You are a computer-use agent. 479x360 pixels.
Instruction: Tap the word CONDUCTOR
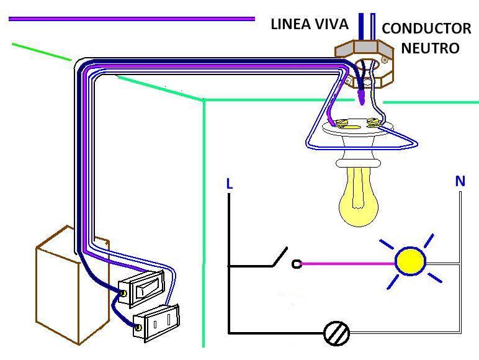tap(426, 29)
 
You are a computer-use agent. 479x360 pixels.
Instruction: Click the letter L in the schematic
tap(230, 184)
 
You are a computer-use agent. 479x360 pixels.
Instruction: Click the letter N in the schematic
tap(460, 181)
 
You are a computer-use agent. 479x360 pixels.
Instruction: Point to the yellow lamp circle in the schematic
tap(410, 261)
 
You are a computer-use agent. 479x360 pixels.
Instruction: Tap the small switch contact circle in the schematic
tap(297, 264)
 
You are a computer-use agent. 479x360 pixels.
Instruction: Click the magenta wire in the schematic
tap(347, 264)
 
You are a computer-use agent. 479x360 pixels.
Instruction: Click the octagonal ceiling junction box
tap(365, 62)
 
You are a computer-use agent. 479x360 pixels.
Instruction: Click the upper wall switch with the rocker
tap(145, 289)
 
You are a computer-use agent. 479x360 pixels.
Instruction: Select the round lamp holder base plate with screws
tap(356, 127)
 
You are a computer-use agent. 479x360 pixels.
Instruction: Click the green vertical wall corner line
tap(204, 223)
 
